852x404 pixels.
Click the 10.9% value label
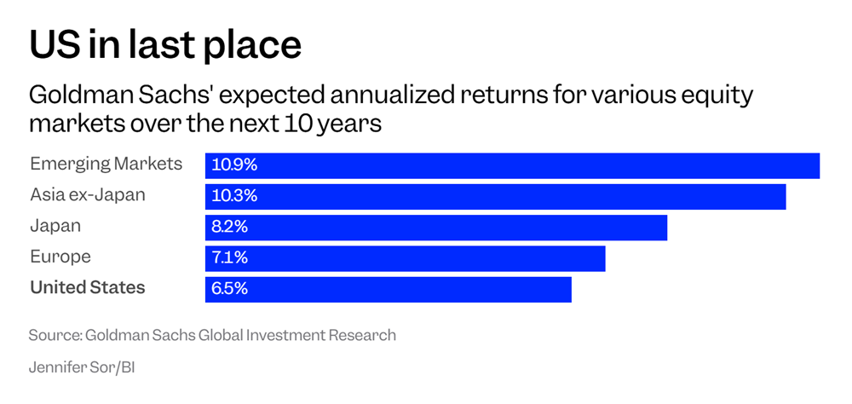point(234,165)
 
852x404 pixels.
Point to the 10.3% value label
point(234,196)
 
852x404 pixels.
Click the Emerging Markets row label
point(106,164)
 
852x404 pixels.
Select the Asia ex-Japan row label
point(88,195)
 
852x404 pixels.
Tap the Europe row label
point(60,257)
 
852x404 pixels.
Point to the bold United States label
point(88,288)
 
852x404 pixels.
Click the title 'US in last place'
point(165,43)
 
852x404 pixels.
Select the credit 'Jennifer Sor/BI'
point(83,369)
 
